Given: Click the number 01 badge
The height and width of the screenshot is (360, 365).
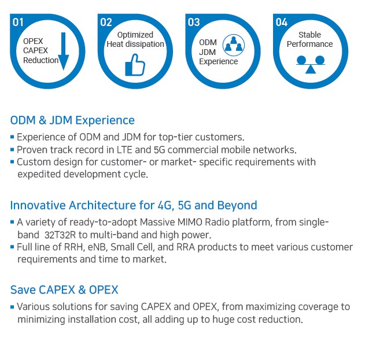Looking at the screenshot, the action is click(18, 23).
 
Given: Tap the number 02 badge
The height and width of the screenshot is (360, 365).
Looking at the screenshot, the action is click(106, 23).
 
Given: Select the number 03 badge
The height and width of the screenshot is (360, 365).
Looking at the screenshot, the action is click(194, 23).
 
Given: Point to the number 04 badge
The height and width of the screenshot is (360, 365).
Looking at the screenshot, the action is click(282, 23).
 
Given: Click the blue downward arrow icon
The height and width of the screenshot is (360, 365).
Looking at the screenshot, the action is click(63, 52).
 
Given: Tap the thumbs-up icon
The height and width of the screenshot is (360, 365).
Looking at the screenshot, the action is click(135, 65).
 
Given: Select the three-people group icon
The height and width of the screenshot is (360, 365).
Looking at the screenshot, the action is click(234, 45).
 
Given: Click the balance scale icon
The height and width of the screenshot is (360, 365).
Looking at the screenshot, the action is click(311, 64).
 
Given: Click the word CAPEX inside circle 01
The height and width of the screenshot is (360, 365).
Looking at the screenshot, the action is click(35, 50).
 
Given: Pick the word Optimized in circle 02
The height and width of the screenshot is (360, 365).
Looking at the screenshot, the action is click(135, 35).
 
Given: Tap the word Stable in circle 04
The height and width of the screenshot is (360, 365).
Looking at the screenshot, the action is click(309, 35).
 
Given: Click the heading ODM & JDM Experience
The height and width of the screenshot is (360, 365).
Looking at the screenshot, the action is click(72, 120).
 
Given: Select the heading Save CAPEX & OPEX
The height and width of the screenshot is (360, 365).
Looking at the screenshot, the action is click(64, 290).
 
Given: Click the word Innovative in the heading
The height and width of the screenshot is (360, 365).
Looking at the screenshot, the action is click(38, 205).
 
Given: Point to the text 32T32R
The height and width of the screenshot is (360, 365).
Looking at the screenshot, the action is click(60, 235).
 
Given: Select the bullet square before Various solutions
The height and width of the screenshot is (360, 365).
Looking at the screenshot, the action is click(12, 307).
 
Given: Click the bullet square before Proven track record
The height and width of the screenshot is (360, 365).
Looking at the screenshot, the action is click(12, 149).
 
